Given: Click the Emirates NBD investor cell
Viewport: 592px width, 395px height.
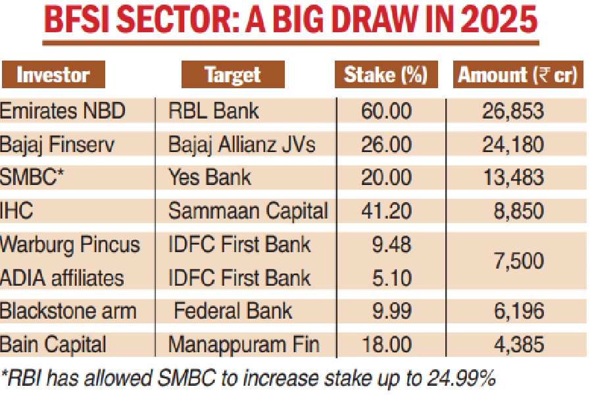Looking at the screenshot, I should (x=62, y=111).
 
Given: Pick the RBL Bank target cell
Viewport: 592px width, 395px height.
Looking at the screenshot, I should (x=214, y=111).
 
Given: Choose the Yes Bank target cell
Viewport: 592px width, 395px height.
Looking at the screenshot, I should (x=210, y=177).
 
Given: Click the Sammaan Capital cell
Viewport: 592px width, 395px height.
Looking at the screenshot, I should (x=248, y=211).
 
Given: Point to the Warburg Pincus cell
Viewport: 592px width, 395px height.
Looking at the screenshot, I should (x=70, y=245).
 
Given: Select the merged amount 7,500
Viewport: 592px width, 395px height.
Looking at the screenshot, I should (x=520, y=261).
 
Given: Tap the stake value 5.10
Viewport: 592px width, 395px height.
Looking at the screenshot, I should (x=392, y=277).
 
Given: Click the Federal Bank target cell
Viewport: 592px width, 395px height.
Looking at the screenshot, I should (x=233, y=311).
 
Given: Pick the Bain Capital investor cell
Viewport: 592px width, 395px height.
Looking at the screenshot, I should (x=53, y=344).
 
